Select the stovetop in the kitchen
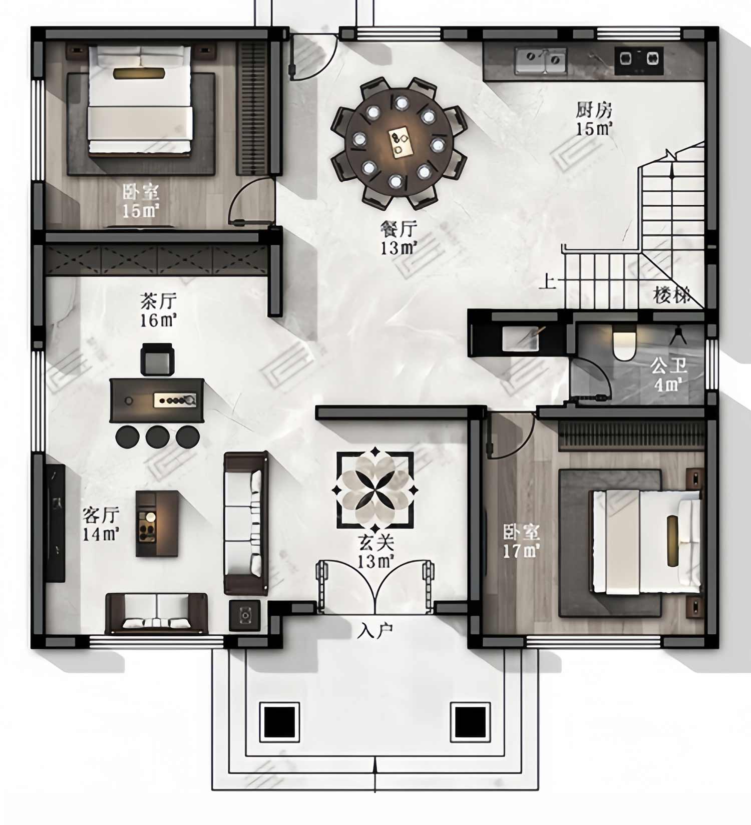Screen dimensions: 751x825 click(639, 61)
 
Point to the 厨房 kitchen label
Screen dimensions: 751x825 click(594, 110)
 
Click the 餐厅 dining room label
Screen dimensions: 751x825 click(399, 229)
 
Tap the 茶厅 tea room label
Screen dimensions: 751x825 click(158, 301)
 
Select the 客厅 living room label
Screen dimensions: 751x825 click(101, 515)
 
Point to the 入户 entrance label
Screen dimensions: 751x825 click(375, 631)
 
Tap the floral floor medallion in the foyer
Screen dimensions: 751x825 click(375, 490)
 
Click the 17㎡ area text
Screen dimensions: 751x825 click(521, 551)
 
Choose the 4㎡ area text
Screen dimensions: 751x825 click(668, 384)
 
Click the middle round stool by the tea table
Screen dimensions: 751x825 click(158, 437)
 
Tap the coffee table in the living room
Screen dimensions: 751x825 click(157, 524)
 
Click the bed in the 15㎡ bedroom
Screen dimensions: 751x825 click(140, 100)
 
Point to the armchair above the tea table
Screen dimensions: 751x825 click(157, 359)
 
